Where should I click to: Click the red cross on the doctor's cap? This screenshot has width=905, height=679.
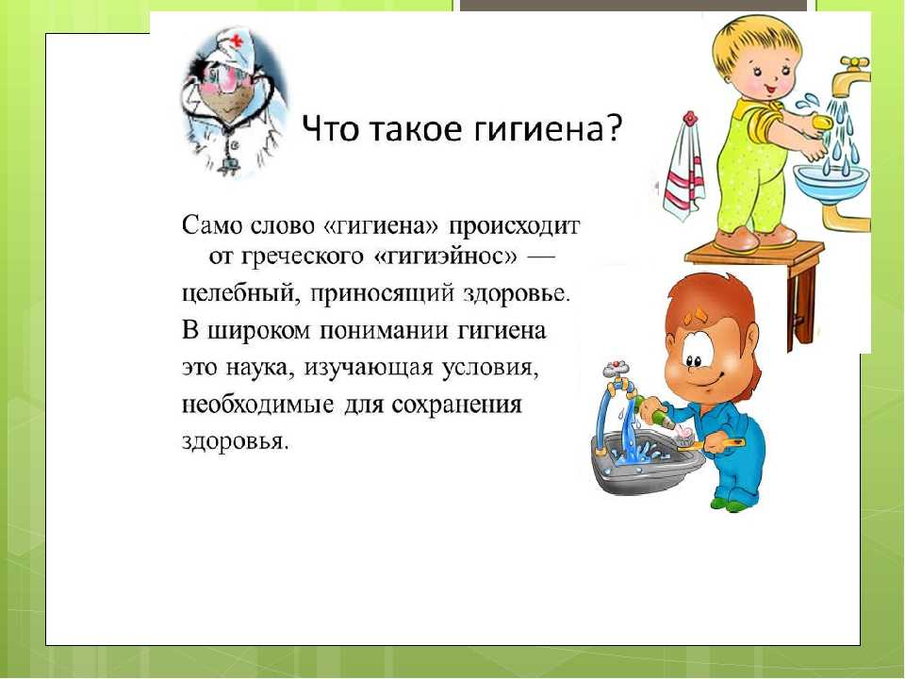(237, 41)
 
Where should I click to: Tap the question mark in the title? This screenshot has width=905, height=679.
(613, 128)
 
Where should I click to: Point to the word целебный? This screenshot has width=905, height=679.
(241, 294)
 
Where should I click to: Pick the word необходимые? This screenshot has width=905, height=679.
(258, 405)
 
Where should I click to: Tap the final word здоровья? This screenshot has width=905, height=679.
(235, 441)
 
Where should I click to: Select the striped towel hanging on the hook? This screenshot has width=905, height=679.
(684, 168)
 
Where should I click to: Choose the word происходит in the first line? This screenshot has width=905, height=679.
(515, 225)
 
